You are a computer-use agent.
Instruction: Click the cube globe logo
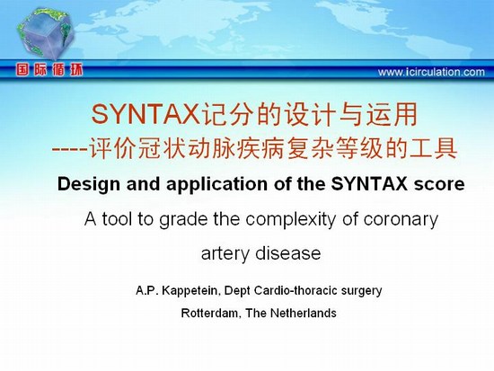pyautogui.click(x=46, y=34)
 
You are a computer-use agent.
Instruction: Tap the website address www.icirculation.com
pyautogui.click(x=431, y=72)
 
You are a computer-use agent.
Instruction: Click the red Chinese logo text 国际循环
pyautogui.click(x=49, y=70)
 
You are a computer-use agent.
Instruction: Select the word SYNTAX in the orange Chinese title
pyautogui.click(x=146, y=115)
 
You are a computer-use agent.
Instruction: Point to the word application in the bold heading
pyautogui.click(x=217, y=185)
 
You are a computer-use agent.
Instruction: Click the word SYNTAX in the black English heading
pyautogui.click(x=369, y=184)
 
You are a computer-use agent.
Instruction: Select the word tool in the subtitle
pyautogui.click(x=116, y=219)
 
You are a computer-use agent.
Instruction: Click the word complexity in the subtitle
pyautogui.click(x=290, y=220)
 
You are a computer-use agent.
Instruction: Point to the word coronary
pyautogui.click(x=401, y=220)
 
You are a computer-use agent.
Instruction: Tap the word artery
pyautogui.click(x=225, y=253)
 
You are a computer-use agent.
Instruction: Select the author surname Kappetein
pyautogui.click(x=190, y=291)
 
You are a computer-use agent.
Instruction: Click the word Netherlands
pyautogui.click(x=303, y=313)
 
